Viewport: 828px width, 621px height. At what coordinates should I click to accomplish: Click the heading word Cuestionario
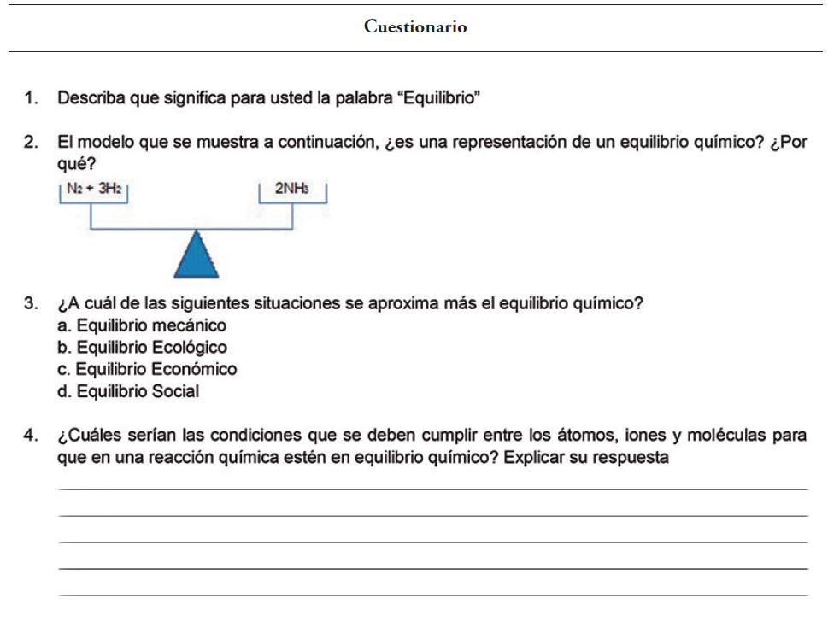coord(415,26)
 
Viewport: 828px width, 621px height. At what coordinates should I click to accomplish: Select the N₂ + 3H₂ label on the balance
coord(93,190)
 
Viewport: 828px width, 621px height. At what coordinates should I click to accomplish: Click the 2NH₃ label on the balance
coord(292,190)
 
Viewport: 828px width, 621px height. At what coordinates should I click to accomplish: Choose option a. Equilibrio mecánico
coord(142,325)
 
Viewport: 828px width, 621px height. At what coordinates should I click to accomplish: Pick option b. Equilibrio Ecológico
coord(142,348)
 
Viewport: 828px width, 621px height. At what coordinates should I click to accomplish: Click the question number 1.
coord(30,98)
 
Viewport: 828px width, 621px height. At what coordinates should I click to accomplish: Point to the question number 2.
coord(30,142)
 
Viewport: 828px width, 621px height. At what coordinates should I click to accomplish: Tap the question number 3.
coord(30,303)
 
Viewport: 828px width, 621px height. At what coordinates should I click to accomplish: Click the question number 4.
coord(30,436)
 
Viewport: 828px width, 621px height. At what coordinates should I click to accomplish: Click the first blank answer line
coord(432,489)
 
